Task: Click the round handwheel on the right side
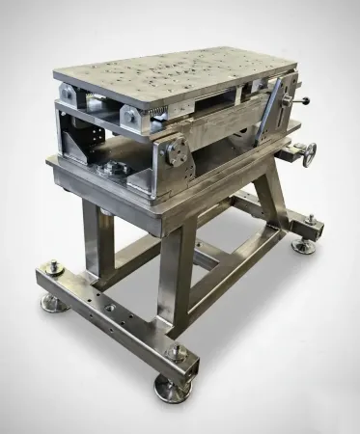(x=308, y=152)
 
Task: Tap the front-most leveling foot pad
(x=172, y=389)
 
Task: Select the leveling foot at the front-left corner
(x=53, y=304)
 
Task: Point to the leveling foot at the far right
(x=305, y=245)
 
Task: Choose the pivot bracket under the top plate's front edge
(x=134, y=115)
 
